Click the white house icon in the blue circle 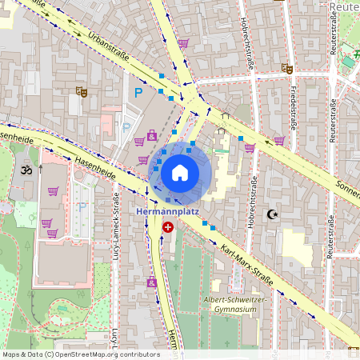[x=180, y=172]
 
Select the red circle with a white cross [x=168, y=227]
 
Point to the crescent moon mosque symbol [x=272, y=214]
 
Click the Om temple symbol [x=25, y=170]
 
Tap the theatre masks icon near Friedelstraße [x=286, y=70]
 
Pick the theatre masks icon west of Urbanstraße [x=80, y=92]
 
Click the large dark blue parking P [x=138, y=94]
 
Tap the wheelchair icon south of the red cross [x=152, y=282]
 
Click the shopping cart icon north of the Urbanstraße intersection [x=183, y=43]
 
